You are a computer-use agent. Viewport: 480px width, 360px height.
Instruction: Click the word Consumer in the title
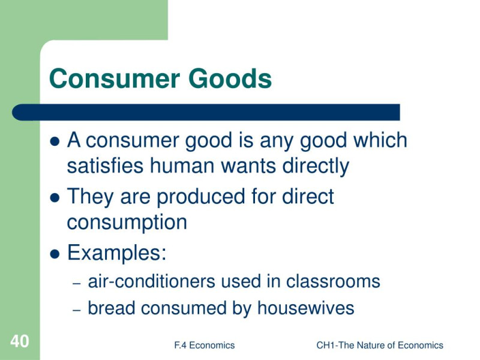114,79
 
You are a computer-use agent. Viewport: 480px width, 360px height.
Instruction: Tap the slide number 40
20,341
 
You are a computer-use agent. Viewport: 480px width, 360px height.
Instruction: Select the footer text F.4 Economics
204,346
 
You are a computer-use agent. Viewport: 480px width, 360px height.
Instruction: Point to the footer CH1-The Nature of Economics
380,346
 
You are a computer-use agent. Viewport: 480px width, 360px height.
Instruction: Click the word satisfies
105,166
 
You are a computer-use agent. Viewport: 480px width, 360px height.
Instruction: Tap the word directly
316,166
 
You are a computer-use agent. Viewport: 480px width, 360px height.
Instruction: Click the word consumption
127,223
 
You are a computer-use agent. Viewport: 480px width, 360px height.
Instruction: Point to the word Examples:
116,253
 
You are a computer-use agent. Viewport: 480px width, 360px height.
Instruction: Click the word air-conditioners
152,281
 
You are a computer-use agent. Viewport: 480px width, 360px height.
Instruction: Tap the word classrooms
333,281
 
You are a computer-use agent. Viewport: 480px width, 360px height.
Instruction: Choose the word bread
112,308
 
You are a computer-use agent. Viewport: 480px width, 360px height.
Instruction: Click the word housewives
305,308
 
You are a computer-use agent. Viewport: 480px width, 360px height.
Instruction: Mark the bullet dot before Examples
55,254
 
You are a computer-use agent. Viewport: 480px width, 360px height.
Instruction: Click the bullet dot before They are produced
55,198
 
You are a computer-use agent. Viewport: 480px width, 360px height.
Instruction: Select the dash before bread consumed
77,310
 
